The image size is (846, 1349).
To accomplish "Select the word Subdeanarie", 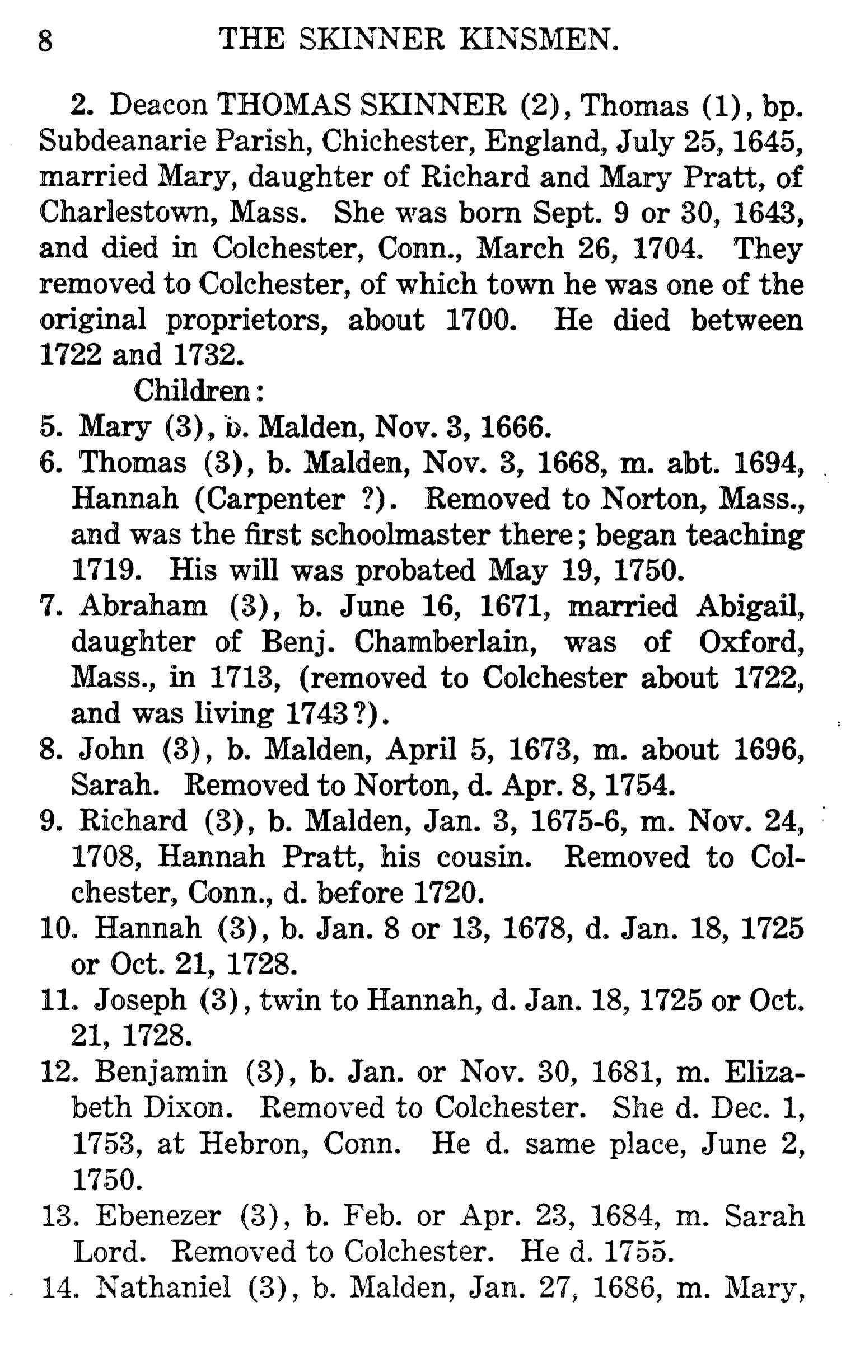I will coord(123,142).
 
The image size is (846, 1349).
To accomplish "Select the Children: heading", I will coord(198,392).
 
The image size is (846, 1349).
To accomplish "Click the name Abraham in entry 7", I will coord(143,607).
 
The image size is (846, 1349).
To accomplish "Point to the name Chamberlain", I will coord(445,642).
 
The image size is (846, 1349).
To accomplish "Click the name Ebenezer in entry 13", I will coord(158,1215).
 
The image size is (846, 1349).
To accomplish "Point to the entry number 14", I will coord(60,1287).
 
